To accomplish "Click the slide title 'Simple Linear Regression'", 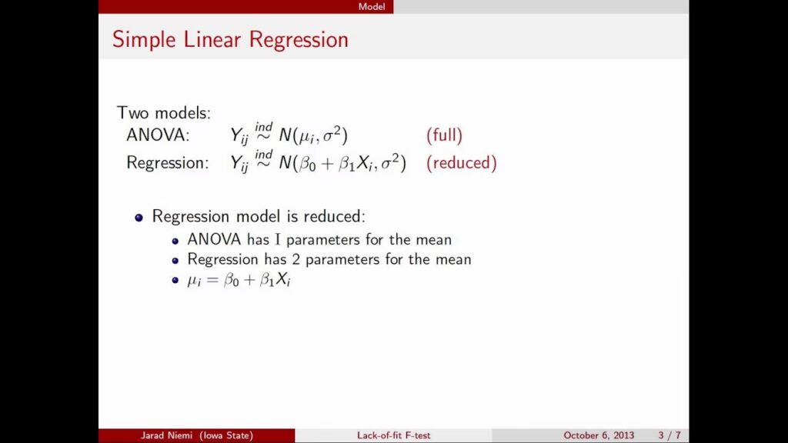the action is tap(230, 40).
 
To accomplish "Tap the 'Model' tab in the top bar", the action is tap(372, 6).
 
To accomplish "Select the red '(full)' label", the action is tap(444, 135).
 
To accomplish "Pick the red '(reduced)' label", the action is tap(462, 163).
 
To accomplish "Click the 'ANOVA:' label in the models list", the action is tap(158, 135).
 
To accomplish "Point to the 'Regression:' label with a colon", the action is tap(167, 163).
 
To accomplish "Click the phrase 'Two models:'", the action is tap(164, 113).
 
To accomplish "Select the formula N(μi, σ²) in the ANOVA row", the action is tap(313, 135).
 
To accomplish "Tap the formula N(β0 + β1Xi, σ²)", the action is tap(342, 163).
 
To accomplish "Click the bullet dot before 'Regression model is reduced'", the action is tap(139, 218).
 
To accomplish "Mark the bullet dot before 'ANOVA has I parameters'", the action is tap(175, 241).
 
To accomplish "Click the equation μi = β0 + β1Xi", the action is tap(239, 280).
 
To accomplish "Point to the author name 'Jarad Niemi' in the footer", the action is tap(166, 435).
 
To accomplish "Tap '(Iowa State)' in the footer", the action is tap(226, 435).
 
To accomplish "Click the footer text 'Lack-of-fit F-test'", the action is tap(393, 435).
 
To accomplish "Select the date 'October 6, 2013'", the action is tap(599, 435).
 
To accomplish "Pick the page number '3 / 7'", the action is tap(669, 435).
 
